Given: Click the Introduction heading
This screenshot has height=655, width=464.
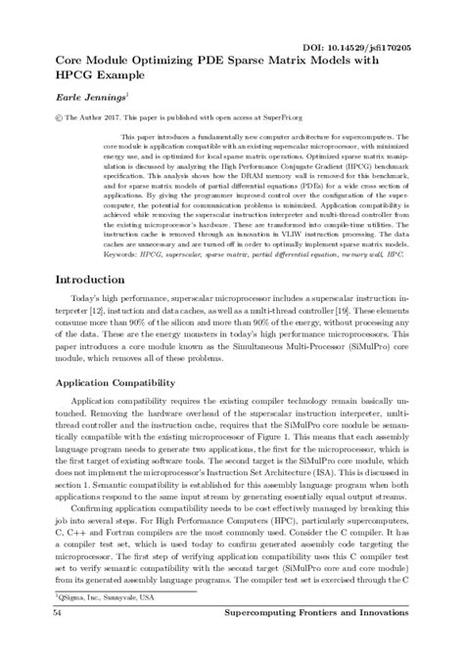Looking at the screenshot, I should [x=82, y=279].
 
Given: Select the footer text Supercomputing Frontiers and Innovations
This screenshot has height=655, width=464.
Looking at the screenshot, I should [x=334, y=639].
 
